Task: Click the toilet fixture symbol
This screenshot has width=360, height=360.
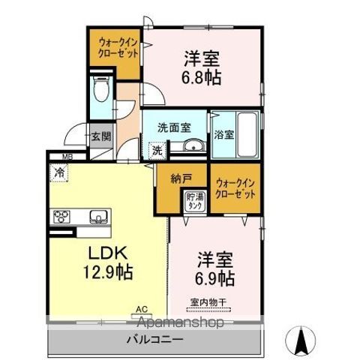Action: [x=101, y=90]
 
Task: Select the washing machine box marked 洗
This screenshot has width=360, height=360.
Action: [x=157, y=149]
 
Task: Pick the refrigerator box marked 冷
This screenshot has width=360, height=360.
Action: [x=59, y=172]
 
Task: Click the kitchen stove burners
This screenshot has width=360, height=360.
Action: [x=61, y=217]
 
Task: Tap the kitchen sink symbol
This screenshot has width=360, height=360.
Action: [x=98, y=217]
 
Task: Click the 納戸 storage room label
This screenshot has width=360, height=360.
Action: [x=169, y=180]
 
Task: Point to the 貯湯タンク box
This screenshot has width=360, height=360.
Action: [x=193, y=201]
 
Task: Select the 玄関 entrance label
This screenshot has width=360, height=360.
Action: [x=101, y=136]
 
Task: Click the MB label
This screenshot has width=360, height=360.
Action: [x=67, y=157]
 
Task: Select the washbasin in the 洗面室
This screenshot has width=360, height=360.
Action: [x=193, y=146]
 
